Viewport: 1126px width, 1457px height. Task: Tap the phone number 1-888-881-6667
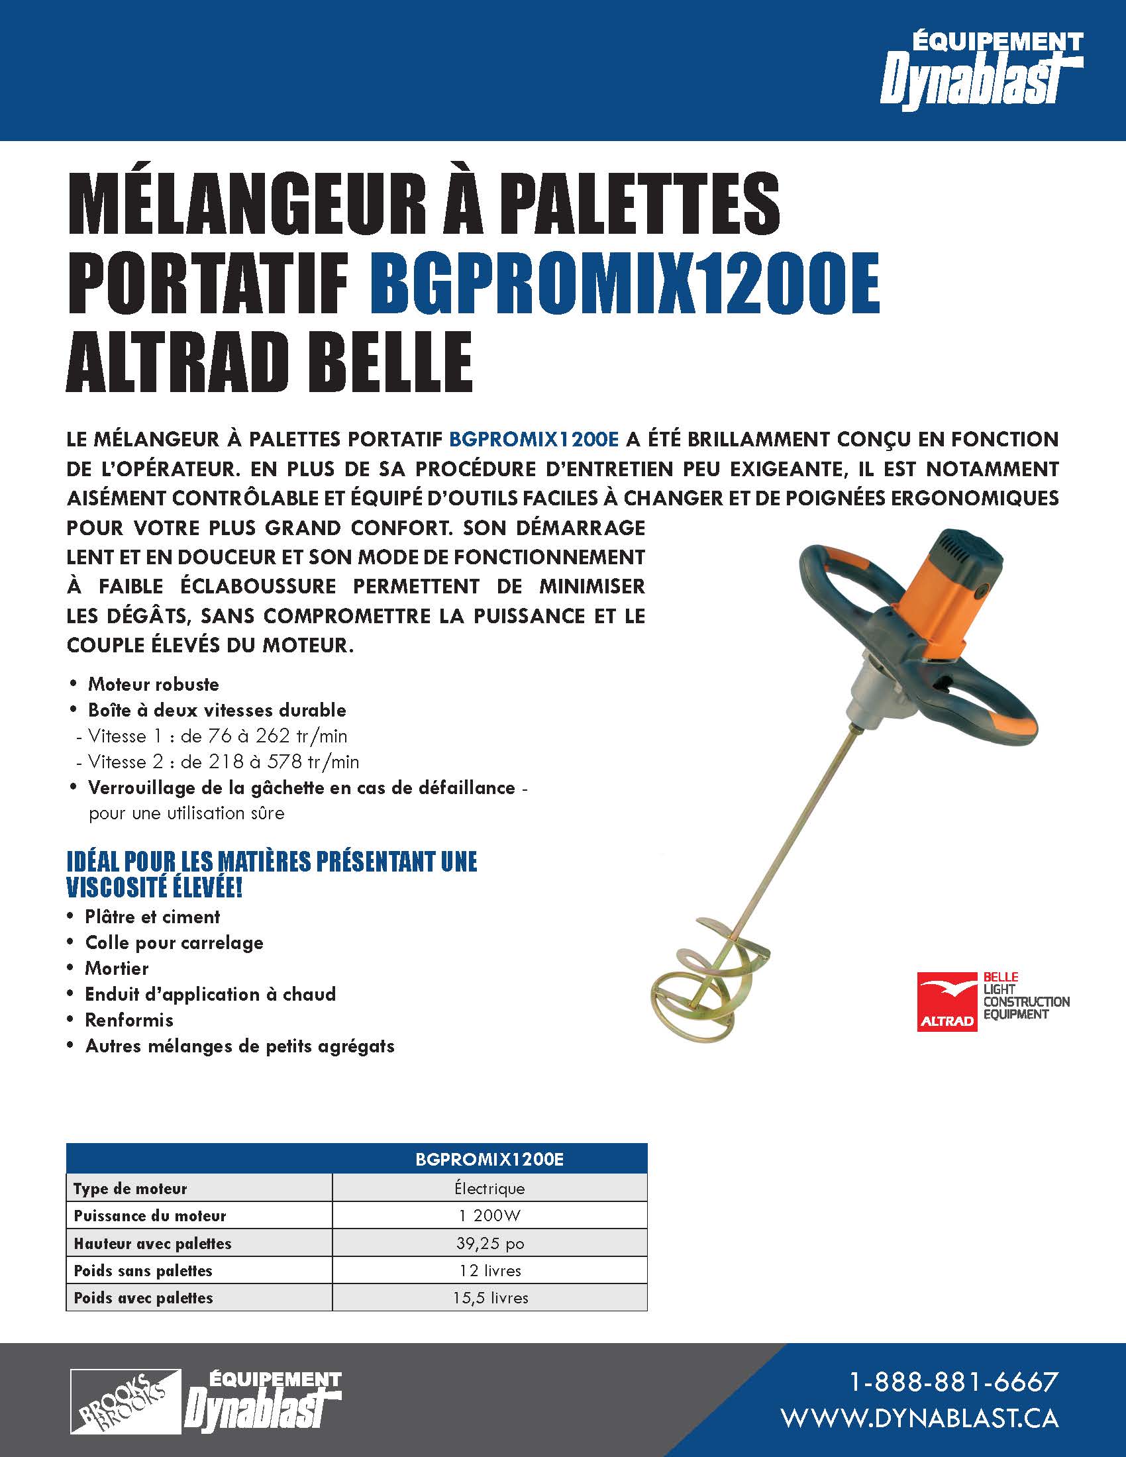tap(953, 1382)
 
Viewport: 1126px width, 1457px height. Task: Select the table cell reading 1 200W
tap(489, 1215)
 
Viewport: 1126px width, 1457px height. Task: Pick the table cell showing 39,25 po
tap(489, 1244)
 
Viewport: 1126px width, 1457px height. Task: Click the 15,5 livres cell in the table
tap(489, 1297)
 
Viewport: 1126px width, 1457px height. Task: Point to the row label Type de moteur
tap(130, 1188)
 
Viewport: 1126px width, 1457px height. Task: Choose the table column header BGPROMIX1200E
tap(489, 1160)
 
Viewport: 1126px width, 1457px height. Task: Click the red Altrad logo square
tap(947, 1001)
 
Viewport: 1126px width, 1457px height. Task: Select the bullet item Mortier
tap(117, 968)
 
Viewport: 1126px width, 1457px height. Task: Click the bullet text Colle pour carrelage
tap(174, 942)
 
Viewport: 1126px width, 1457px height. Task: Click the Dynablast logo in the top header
tap(981, 71)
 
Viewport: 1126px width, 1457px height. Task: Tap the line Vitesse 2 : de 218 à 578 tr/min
tap(217, 762)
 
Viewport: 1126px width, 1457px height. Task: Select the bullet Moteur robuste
tap(154, 684)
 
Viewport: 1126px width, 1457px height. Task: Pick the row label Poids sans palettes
tap(143, 1271)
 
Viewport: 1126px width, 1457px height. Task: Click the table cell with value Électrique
tap(489, 1188)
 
